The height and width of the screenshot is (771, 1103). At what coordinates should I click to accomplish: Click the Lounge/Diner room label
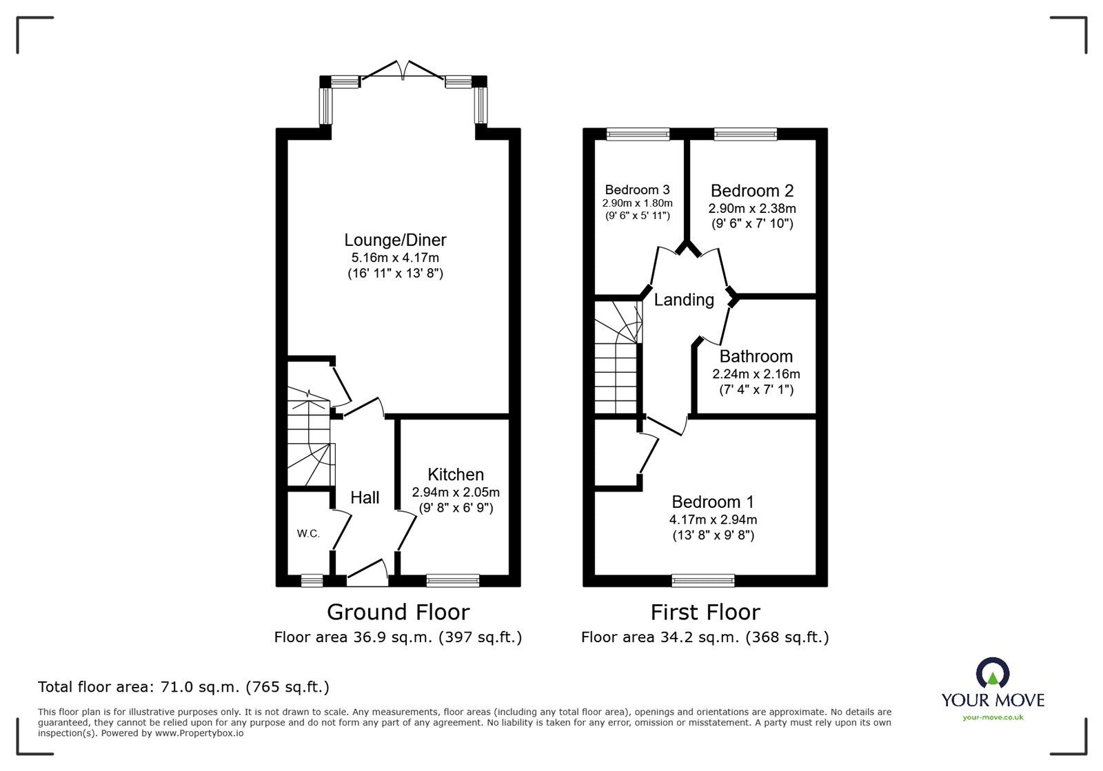click(x=395, y=240)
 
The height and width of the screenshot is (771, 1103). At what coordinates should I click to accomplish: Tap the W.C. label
click(x=308, y=533)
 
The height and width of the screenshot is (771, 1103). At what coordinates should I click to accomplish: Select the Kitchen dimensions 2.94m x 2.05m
click(x=456, y=493)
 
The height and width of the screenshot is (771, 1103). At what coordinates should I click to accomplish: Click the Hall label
click(x=365, y=497)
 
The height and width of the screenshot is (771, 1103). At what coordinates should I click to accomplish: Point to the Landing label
click(x=684, y=300)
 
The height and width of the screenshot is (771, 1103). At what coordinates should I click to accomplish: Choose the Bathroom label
click(x=756, y=356)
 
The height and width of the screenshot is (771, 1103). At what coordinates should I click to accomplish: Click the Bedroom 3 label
click(x=637, y=189)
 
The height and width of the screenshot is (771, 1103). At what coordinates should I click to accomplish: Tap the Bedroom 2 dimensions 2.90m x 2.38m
click(x=752, y=207)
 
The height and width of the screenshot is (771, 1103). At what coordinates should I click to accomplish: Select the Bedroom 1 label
click(x=713, y=502)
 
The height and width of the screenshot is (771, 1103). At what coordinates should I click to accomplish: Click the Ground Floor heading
click(x=398, y=612)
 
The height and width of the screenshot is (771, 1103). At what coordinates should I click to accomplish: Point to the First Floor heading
click(x=705, y=612)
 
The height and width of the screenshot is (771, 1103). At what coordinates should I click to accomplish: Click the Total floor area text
click(x=184, y=687)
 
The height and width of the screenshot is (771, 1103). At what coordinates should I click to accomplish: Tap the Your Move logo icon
click(x=992, y=674)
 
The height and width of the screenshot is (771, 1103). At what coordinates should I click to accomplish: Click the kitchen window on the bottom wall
click(x=452, y=581)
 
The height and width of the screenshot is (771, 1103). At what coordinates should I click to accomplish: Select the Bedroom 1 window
click(x=703, y=581)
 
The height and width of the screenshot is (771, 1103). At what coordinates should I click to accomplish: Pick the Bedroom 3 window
click(x=638, y=134)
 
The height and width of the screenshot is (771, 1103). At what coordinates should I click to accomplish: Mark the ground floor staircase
click(x=308, y=441)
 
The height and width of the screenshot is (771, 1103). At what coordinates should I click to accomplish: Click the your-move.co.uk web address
click(x=993, y=718)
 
